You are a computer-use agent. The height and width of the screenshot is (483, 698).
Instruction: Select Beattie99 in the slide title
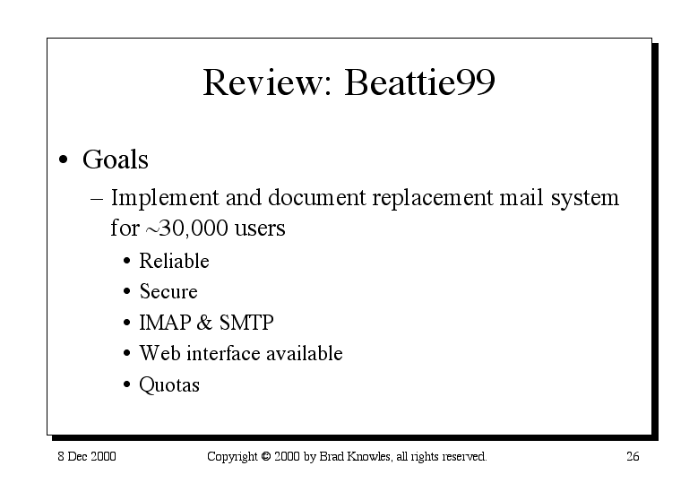pyautogui.click(x=419, y=82)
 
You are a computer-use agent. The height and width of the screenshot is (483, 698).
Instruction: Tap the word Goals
pyautogui.click(x=116, y=160)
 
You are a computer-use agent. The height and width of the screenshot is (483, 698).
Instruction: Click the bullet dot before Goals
pyautogui.click(x=64, y=160)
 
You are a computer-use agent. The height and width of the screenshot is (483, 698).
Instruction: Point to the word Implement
pyautogui.click(x=165, y=198)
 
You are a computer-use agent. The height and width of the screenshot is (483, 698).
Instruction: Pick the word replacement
pyautogui.click(x=433, y=198)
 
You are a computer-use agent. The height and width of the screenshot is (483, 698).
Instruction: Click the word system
pyautogui.click(x=585, y=199)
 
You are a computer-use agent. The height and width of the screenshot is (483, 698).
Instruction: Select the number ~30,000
pyautogui.click(x=186, y=228)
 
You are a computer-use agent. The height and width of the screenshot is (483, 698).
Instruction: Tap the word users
pyautogui.click(x=260, y=229)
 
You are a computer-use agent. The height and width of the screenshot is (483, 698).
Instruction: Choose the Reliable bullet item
pyautogui.click(x=174, y=261)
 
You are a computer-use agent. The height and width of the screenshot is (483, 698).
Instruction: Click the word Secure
pyautogui.click(x=168, y=291)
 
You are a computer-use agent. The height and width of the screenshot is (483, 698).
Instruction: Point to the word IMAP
pyautogui.click(x=165, y=323)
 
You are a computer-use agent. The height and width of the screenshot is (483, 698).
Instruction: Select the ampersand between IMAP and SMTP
pyautogui.click(x=204, y=323)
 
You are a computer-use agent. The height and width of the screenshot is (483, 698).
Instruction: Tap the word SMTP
pyautogui.click(x=246, y=323)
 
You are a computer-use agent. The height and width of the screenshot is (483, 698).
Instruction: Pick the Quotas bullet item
pyautogui.click(x=169, y=384)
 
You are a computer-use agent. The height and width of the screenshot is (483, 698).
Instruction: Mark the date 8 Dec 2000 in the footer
pyautogui.click(x=87, y=456)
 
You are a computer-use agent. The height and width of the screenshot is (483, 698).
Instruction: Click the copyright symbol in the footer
pyautogui.click(x=266, y=456)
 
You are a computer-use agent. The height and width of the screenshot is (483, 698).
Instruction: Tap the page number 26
pyautogui.click(x=633, y=456)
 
